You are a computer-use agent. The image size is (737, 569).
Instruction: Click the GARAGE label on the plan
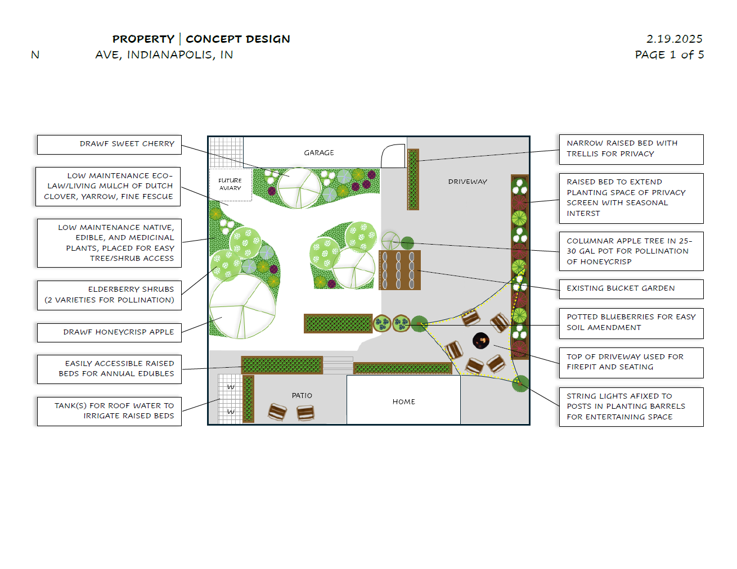[x=318, y=153]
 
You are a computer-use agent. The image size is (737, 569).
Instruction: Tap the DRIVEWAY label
[x=468, y=182]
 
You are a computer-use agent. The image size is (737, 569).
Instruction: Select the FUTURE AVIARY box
[x=230, y=184]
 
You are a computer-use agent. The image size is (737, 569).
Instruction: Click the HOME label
[x=403, y=402]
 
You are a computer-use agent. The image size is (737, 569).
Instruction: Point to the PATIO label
[x=302, y=396]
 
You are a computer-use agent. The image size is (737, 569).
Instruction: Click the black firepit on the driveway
[x=480, y=340]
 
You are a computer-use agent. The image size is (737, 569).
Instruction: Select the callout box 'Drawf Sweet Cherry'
[x=109, y=144]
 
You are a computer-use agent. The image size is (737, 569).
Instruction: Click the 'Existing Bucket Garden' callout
[x=631, y=289]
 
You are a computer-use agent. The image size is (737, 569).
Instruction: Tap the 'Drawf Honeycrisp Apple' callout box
[x=109, y=332]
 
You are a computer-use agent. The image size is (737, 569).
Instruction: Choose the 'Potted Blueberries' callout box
[x=631, y=323]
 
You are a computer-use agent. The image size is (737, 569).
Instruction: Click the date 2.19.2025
[x=674, y=39]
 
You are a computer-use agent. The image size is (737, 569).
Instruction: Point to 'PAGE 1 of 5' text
[x=669, y=55]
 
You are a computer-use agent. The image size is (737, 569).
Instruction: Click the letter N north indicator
[x=35, y=55]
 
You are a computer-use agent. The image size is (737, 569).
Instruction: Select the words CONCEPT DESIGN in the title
[x=238, y=39]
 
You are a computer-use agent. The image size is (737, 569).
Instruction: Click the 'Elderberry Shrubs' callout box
[x=109, y=295]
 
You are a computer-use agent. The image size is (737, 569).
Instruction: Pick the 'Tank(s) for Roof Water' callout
[x=109, y=411]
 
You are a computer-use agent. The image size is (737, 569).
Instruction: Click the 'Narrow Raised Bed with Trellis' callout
[x=631, y=149]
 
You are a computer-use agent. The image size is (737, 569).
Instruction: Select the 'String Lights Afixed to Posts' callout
[x=631, y=407]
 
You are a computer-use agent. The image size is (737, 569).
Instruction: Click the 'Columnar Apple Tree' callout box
[x=631, y=251]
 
